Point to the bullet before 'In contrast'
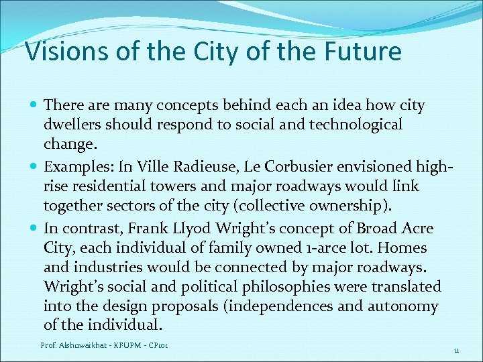(x=34, y=228)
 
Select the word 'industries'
(x=103, y=267)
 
